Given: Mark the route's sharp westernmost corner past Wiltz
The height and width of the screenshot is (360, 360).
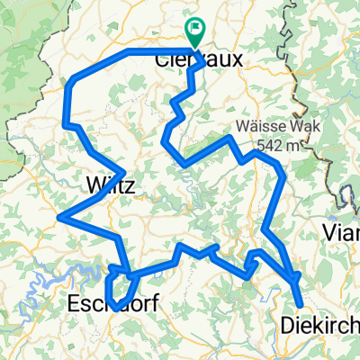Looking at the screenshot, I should (58, 216).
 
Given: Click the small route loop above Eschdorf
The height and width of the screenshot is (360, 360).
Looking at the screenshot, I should (120, 286).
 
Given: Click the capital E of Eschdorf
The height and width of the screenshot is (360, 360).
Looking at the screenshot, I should (74, 306).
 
